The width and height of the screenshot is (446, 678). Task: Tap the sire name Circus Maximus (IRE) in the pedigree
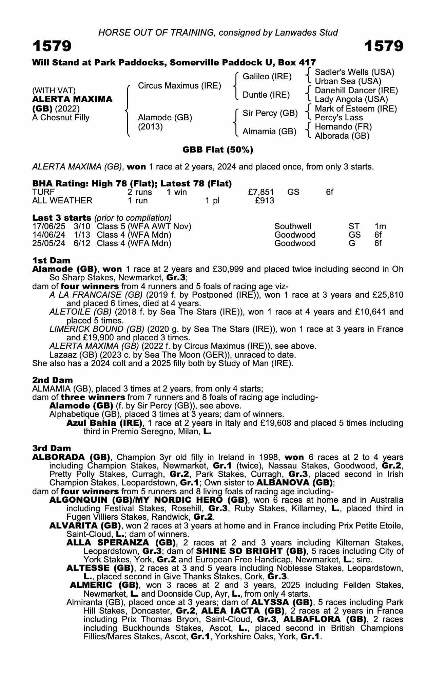pos(179,86)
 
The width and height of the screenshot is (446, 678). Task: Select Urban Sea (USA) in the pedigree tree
pos(348,81)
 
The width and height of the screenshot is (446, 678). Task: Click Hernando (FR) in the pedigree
pos(343,127)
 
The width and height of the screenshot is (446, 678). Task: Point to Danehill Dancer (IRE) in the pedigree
pos(356,91)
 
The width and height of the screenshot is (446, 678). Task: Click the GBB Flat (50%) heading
pos(218,150)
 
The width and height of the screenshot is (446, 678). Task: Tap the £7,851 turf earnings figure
pos(261,192)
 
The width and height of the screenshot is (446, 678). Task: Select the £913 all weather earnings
pos(265,201)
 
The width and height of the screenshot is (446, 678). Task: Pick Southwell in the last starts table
pos(293,226)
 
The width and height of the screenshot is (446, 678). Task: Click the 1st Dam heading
pos(51,260)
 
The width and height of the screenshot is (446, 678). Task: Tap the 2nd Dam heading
pos(52,380)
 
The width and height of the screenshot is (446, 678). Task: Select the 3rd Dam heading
pos(52,448)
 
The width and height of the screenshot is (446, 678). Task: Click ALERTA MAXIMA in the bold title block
pos(72,99)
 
